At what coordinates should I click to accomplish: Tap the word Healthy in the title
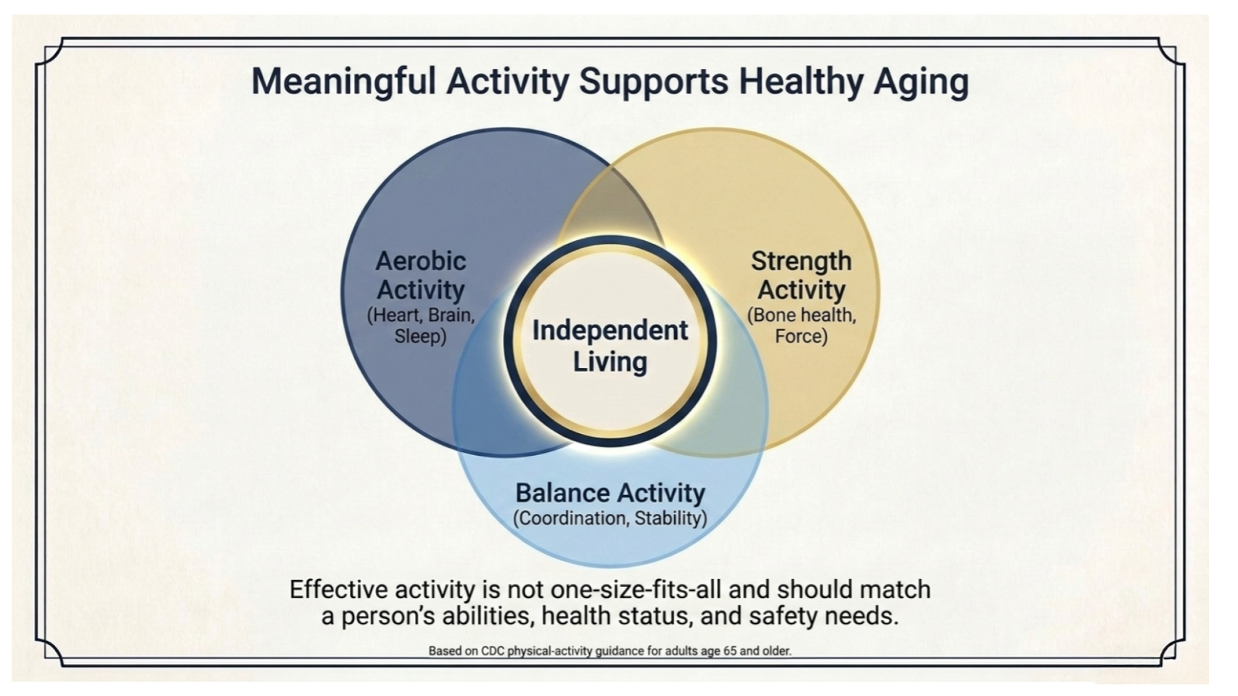click(x=801, y=81)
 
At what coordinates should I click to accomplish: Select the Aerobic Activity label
click(x=421, y=275)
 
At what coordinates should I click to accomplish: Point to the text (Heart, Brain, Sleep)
click(x=421, y=326)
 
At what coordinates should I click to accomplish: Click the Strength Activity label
click(x=801, y=275)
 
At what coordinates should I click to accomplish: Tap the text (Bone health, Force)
click(x=801, y=326)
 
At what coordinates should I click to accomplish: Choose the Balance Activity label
click(x=610, y=493)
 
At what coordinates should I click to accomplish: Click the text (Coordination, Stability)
click(x=610, y=518)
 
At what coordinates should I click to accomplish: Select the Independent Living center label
click(x=610, y=346)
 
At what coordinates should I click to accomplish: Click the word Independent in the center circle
click(x=610, y=331)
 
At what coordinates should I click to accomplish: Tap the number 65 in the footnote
click(x=730, y=651)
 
